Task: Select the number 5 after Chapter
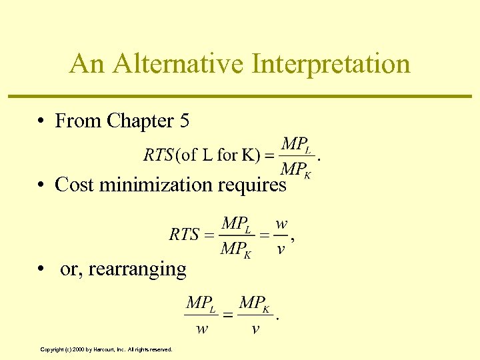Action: tap(185, 121)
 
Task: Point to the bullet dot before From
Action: tap(41, 121)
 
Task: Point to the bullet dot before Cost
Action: tap(41, 185)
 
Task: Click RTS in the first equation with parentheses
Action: tap(158, 155)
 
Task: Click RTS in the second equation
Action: tap(184, 234)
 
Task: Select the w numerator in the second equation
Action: tap(281, 223)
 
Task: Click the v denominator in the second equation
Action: tap(281, 249)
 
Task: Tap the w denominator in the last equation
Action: tap(200, 329)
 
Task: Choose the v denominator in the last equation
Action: tap(255, 329)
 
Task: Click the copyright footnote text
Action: tap(106, 349)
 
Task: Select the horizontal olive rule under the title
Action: tap(240, 97)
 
